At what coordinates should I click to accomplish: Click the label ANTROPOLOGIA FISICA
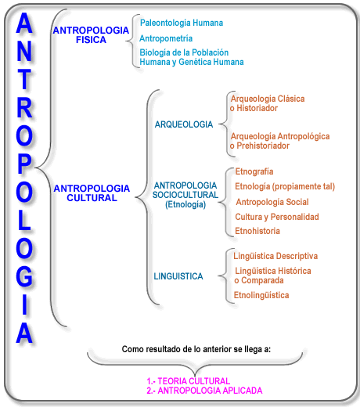(91, 35)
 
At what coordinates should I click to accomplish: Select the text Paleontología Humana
(182, 23)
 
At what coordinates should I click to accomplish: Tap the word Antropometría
(166, 38)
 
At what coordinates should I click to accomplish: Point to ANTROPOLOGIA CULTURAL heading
(92, 193)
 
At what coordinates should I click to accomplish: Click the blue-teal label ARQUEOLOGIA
(184, 124)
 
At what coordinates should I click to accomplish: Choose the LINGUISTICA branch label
(178, 276)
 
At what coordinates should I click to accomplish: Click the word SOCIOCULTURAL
(185, 195)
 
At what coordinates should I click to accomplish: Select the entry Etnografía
(254, 171)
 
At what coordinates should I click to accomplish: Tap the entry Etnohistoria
(257, 231)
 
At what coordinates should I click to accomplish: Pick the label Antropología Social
(272, 202)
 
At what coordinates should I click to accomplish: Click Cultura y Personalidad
(277, 217)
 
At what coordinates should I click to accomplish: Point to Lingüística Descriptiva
(275, 256)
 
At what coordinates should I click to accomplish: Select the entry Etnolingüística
(261, 295)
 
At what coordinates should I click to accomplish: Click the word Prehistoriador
(263, 146)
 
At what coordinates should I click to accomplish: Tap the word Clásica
(291, 99)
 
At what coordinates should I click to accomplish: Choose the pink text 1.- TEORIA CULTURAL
(188, 381)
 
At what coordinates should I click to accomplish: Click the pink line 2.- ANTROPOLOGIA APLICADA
(204, 391)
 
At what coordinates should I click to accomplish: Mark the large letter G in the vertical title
(24, 276)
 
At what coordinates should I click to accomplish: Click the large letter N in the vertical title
(24, 52)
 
